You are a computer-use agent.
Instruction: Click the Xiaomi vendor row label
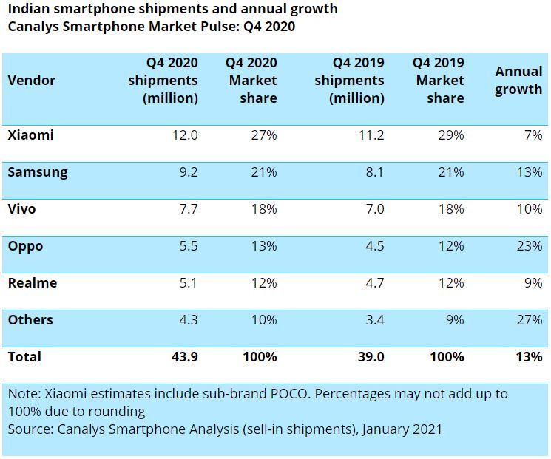[30, 135]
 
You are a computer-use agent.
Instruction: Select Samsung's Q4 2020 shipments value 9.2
[186, 172]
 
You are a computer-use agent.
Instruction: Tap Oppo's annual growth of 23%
[529, 246]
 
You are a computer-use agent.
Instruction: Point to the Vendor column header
[31, 81]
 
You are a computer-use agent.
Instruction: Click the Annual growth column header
[518, 81]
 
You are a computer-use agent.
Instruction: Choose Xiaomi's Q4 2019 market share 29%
[450, 135]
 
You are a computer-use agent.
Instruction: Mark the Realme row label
[32, 283]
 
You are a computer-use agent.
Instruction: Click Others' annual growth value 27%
[529, 320]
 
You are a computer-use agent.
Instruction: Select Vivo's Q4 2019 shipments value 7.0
[375, 209]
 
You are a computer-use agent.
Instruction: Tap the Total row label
[24, 357]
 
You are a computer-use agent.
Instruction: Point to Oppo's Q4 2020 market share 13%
[263, 246]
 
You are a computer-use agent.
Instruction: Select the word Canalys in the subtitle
[30, 27]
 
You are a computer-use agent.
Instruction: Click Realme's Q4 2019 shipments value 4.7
[375, 283]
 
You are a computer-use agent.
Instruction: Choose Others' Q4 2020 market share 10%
[263, 320]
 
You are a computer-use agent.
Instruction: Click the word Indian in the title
[27, 9]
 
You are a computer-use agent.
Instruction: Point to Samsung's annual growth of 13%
[529, 172]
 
